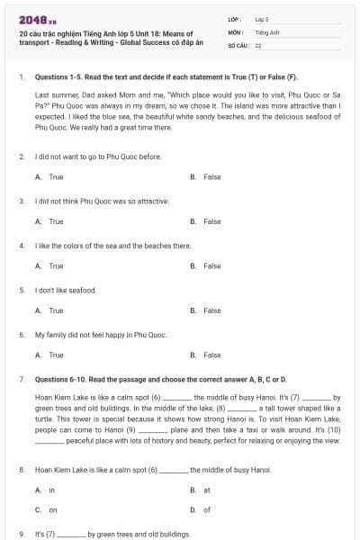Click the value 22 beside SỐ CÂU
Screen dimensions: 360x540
pyautogui.click(x=258, y=44)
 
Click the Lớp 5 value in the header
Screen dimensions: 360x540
pyautogui.click(x=262, y=18)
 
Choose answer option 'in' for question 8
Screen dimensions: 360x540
pyautogui.click(x=51, y=490)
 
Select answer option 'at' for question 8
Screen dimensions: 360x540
pyautogui.click(x=206, y=490)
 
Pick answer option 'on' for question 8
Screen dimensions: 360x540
pyautogui.click(x=52, y=509)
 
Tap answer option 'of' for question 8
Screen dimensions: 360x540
pyautogui.click(x=206, y=509)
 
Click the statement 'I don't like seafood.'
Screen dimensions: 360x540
pyautogui.click(x=65, y=290)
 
